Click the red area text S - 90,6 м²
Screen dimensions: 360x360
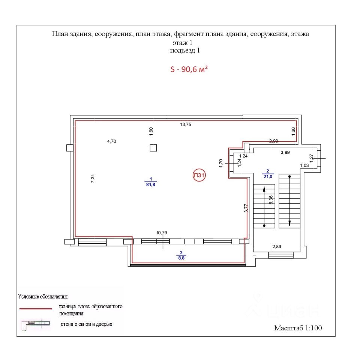pyautogui.click(x=189, y=69)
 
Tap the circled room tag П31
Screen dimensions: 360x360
pyautogui.click(x=200, y=175)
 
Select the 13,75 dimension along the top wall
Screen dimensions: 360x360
pyautogui.click(x=186, y=125)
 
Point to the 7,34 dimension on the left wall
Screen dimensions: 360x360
pyautogui.click(x=93, y=178)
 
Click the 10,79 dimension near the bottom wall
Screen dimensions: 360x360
pyautogui.click(x=162, y=232)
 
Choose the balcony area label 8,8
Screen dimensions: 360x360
pyautogui.click(x=181, y=257)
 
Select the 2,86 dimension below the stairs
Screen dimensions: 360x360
pyautogui.click(x=276, y=246)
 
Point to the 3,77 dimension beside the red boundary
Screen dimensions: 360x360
pyautogui.click(x=246, y=208)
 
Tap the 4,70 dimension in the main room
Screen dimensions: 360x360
pyautogui.click(x=112, y=141)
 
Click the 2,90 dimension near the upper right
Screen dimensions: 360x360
pyautogui.click(x=274, y=141)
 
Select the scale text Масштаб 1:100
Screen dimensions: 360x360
pyautogui.click(x=298, y=328)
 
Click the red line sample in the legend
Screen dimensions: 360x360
pyautogui.click(x=35, y=309)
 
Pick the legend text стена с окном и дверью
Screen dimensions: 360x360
pyautogui.click(x=87, y=324)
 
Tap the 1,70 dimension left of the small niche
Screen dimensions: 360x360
pyautogui.click(x=221, y=164)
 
